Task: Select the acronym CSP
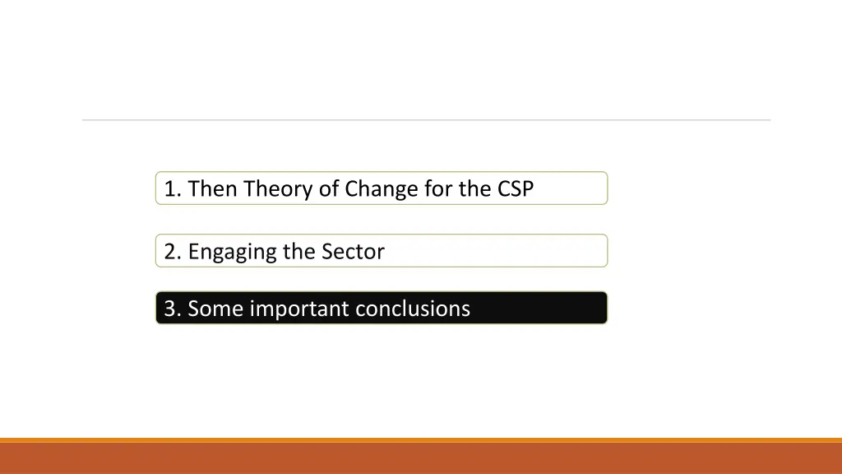pos(516,189)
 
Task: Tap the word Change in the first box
pos(382,189)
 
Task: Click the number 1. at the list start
pos(173,189)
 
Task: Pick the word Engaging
pos(233,252)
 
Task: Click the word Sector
pos(353,252)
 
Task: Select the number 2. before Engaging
pos(173,252)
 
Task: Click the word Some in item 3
pos(215,309)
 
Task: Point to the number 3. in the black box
pos(173,309)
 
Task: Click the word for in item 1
pos(439,189)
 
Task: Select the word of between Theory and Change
pos(329,189)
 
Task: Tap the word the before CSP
pos(474,189)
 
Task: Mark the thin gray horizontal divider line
pos(426,120)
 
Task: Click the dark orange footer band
pos(421,459)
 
